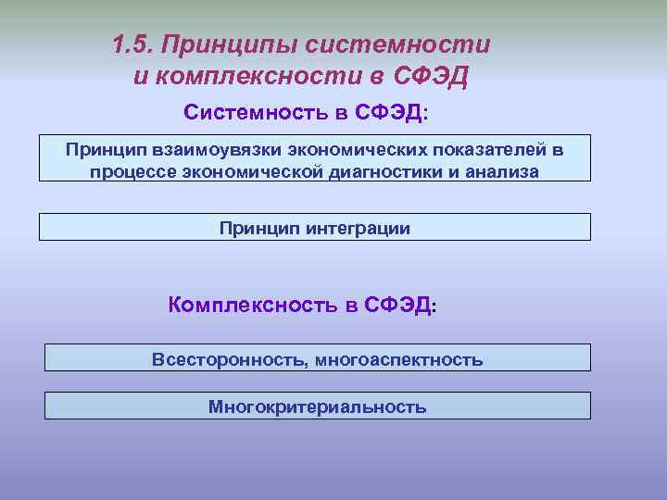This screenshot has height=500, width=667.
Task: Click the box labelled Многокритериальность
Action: coord(317,406)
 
